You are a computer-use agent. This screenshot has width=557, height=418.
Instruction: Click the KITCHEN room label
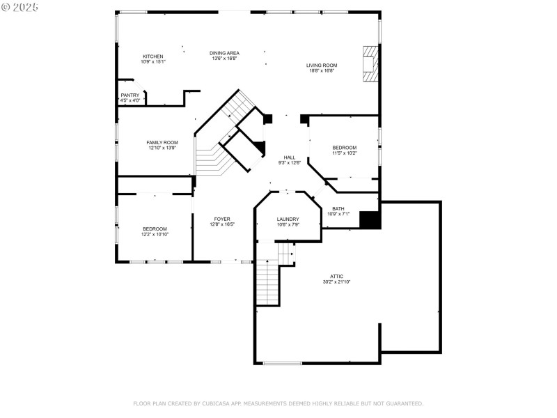[x=153, y=56]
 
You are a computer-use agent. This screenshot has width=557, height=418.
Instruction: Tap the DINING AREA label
[x=225, y=53]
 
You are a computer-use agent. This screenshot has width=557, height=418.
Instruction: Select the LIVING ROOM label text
[x=322, y=65]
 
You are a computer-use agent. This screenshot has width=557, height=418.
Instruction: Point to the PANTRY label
[x=130, y=95]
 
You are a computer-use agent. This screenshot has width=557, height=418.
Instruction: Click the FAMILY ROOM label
[x=162, y=142]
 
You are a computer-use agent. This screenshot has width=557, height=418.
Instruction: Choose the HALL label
[x=290, y=157]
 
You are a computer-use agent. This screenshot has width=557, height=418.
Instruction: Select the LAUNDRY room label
[x=288, y=219]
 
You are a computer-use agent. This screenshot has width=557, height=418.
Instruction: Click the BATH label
[x=338, y=209]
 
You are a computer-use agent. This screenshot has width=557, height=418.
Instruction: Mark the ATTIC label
[x=337, y=277]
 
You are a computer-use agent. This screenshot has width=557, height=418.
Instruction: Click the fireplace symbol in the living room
[x=370, y=64]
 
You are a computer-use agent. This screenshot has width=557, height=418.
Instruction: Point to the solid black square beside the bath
[x=369, y=219]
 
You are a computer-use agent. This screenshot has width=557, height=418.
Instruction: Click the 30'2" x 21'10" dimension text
[x=337, y=282]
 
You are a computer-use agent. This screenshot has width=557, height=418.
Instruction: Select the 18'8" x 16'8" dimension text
[x=322, y=70]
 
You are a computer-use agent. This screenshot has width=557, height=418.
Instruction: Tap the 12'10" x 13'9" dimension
[x=162, y=148]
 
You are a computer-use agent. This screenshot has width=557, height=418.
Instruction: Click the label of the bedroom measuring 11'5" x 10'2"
[x=344, y=148]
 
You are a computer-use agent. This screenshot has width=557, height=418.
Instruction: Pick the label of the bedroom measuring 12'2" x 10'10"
[x=155, y=229]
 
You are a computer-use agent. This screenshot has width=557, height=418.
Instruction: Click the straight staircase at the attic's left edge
[x=267, y=282]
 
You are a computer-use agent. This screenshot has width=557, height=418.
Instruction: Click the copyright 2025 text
[x=20, y=6]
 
